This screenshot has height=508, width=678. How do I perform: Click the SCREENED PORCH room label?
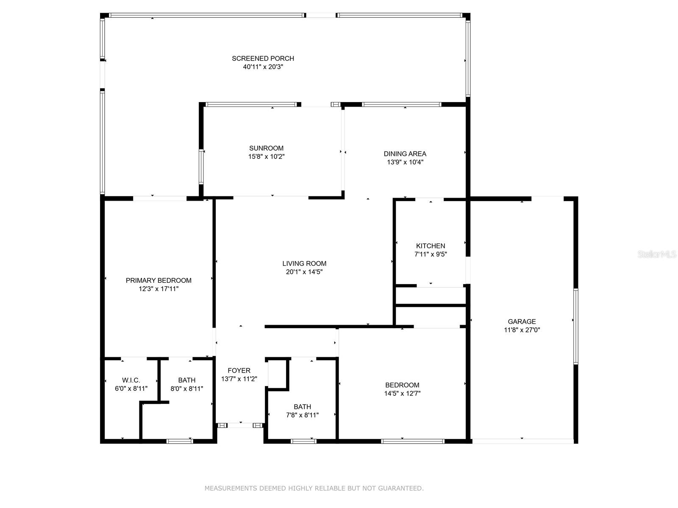point(263,58)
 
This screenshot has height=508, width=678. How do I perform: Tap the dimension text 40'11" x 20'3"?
point(263,66)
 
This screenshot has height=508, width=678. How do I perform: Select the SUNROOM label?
point(266,148)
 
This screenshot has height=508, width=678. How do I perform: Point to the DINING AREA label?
point(405,154)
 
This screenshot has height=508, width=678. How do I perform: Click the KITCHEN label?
point(431,246)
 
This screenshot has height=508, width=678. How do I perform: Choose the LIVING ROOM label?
point(304,263)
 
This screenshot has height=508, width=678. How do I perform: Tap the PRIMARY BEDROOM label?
point(158,280)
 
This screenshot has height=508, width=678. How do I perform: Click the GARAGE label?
point(522,321)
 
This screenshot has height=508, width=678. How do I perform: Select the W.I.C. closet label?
point(131,380)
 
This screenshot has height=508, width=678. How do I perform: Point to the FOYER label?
point(239,370)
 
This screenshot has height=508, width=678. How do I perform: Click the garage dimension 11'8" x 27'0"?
point(522,330)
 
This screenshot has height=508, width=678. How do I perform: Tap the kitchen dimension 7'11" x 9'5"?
point(431,254)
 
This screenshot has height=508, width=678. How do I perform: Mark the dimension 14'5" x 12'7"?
point(402,393)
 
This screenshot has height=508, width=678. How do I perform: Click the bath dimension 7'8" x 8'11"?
point(303,415)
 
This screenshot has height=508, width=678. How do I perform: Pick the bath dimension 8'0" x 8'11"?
point(187,389)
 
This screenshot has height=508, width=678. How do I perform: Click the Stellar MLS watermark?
point(657,254)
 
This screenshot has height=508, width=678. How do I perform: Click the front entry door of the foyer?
point(240,425)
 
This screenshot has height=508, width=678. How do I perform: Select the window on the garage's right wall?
point(576,326)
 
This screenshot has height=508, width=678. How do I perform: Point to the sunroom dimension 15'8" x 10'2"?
point(266,156)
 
